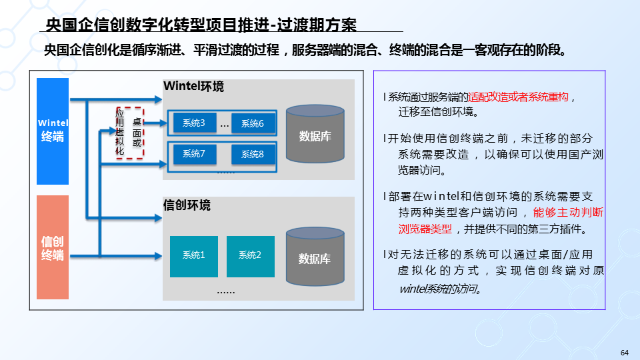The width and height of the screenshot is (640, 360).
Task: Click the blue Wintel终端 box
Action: (53, 131)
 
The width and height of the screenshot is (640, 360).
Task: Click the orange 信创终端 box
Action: (53, 247)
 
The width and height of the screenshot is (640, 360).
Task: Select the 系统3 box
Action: (194, 123)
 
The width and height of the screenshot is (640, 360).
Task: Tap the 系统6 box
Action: (253, 123)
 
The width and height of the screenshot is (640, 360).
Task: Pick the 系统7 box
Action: (194, 155)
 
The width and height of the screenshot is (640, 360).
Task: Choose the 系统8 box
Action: (253, 155)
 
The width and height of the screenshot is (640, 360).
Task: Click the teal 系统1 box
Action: (193, 255)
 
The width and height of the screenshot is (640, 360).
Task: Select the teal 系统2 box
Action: (250, 255)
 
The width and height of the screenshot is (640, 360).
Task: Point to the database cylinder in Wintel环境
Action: (315, 137)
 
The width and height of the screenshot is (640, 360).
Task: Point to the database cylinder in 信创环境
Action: (315, 258)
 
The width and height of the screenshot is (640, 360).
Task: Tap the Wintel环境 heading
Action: (193, 87)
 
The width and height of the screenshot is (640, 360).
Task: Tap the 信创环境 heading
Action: (187, 205)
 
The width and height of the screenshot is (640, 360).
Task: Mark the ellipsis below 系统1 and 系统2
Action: (226, 291)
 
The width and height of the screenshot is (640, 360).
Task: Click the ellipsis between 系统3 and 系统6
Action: (225, 124)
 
